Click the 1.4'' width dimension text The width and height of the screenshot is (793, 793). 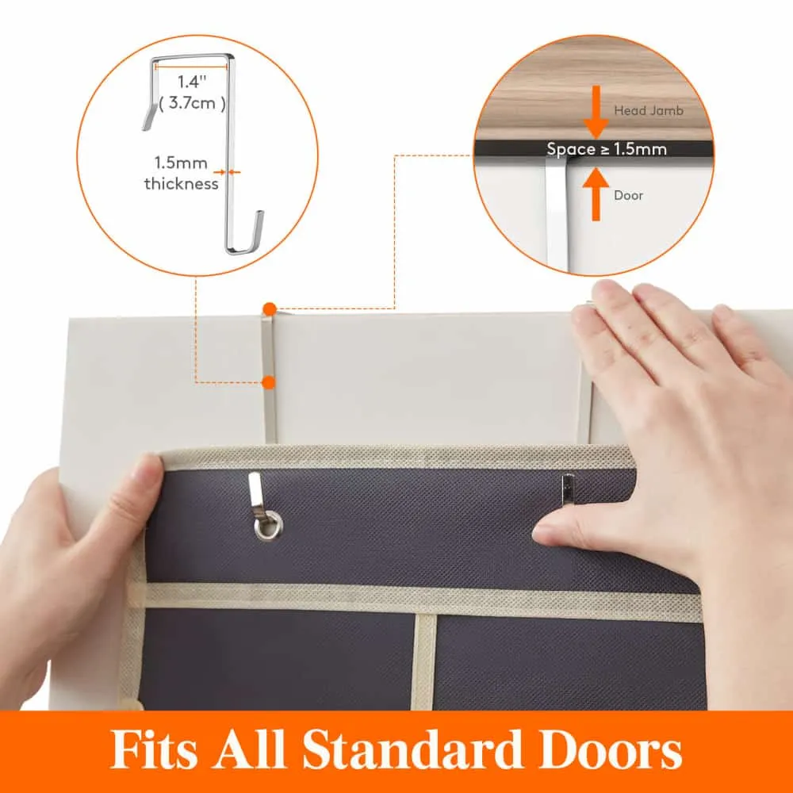coord(192,82)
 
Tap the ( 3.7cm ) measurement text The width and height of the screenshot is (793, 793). coord(192,103)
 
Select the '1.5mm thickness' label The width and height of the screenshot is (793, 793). coord(181,173)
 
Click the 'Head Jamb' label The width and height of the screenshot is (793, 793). coord(649,111)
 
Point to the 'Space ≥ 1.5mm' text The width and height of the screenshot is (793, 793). coord(607,149)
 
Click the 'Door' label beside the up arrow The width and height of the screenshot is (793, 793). coord(628,196)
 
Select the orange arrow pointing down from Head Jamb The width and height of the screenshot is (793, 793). coord(596,112)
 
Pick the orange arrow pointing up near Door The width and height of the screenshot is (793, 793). coord(596,194)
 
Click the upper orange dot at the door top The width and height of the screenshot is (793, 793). coord(270,309)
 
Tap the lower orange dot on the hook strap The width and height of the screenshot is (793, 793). coord(269,382)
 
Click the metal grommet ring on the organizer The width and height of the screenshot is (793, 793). coord(268,526)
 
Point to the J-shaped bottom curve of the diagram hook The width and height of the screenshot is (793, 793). coord(243,247)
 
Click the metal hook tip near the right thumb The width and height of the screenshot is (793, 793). coord(568,489)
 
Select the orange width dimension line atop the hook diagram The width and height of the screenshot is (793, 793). coord(192,66)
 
